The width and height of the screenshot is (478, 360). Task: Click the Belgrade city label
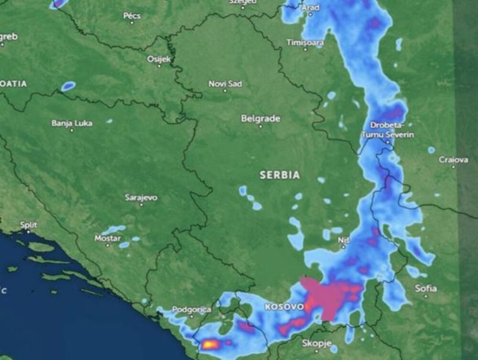[261, 119]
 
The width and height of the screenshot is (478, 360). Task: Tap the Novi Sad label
[225, 84]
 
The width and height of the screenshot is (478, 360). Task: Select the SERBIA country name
[280, 175]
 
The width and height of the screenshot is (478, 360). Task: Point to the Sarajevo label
[141, 197]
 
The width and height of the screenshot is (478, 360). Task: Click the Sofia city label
[425, 288]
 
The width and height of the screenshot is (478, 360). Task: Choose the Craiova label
[453, 160]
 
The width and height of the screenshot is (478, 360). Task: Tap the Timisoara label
[305, 43]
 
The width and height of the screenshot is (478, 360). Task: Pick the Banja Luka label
[72, 123]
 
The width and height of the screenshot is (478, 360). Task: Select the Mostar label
[108, 238]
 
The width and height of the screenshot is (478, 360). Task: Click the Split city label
[29, 225]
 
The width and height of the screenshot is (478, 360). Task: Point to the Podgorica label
[191, 309]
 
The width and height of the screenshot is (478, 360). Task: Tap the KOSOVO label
[284, 306]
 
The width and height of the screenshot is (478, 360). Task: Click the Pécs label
[132, 16]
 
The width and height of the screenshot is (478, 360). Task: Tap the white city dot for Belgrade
[261, 127]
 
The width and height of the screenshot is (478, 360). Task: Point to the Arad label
[310, 8]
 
